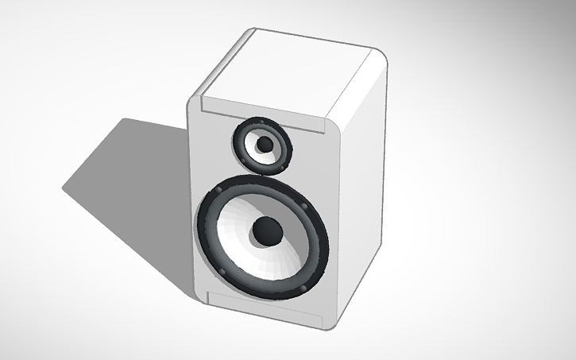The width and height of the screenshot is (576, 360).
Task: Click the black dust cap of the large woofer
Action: point(266,231)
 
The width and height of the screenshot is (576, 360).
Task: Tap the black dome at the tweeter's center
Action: point(262,144)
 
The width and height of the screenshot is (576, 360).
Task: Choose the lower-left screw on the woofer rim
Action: point(222,273)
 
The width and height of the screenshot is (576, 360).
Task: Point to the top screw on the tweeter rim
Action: point(262,122)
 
